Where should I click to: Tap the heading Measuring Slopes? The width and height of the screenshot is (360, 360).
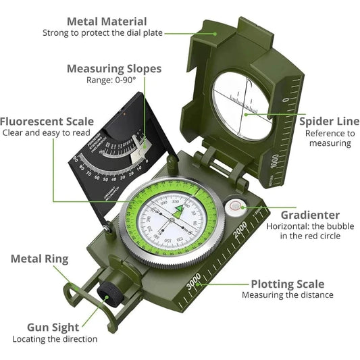114,68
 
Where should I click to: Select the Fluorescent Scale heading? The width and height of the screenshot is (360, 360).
47,122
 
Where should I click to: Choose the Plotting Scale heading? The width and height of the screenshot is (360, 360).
288,284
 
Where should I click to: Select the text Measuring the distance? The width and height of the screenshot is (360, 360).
288,295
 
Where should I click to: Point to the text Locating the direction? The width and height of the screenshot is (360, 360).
55,339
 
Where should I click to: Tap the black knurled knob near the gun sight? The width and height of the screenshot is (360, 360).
109,294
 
